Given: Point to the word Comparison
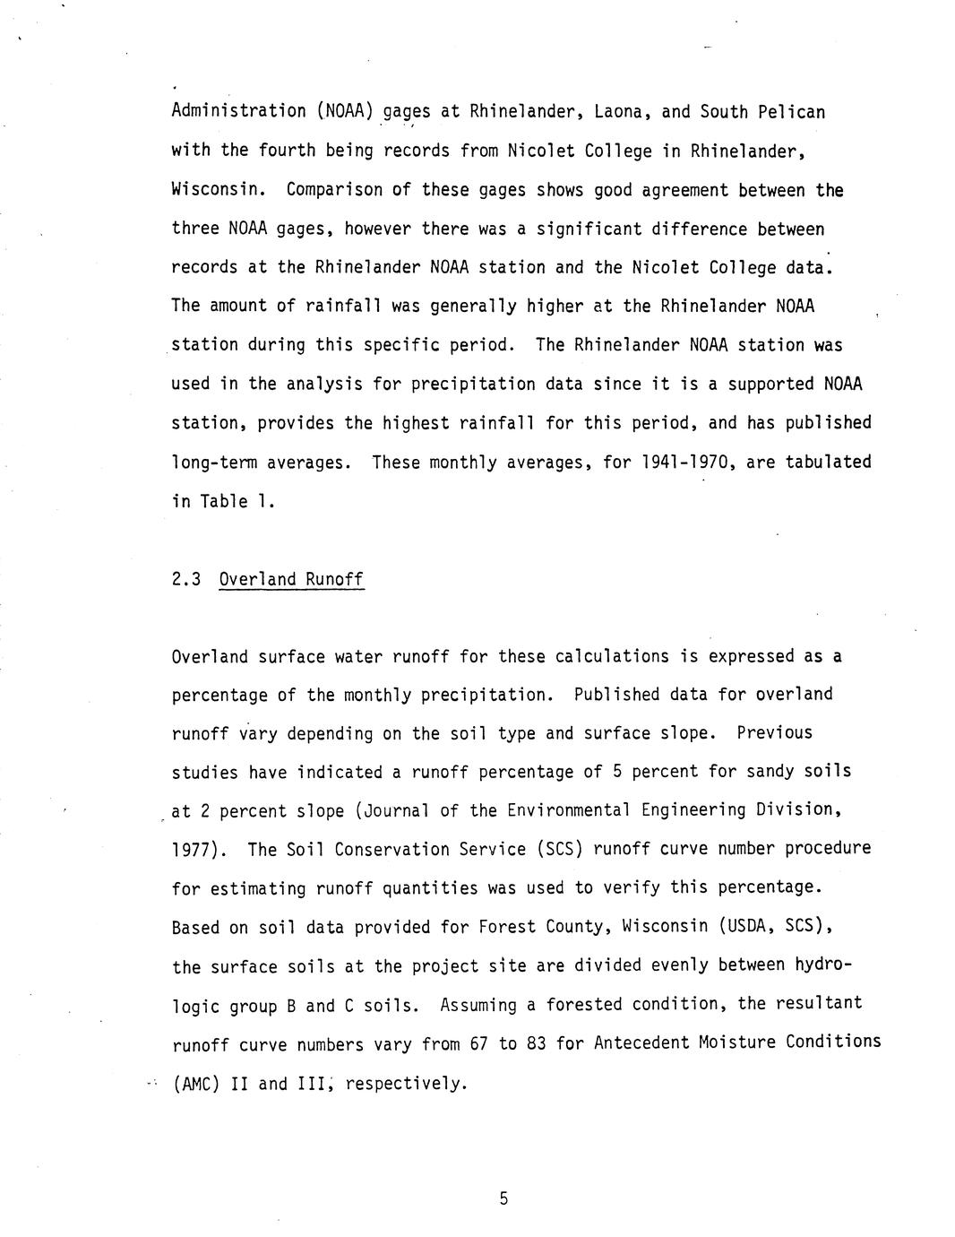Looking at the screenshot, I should point(334,190).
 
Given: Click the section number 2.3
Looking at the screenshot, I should point(185,579).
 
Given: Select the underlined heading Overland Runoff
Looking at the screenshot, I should point(291,579).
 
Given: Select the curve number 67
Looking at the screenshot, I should point(479,1044).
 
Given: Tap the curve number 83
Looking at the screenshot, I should point(537,1044).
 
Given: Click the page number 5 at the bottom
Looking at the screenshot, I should point(503,1198).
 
